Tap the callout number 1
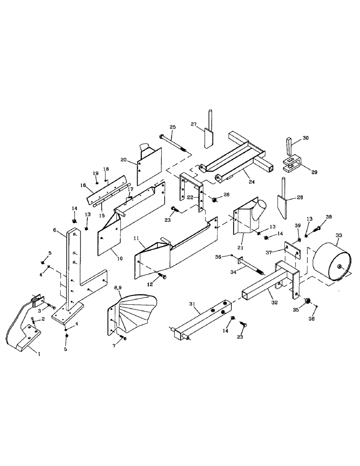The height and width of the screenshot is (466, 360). click(x=39, y=354)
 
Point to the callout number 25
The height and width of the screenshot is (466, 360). click(x=173, y=127)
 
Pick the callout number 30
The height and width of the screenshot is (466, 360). click(x=305, y=138)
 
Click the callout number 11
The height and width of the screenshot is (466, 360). click(x=137, y=239)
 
